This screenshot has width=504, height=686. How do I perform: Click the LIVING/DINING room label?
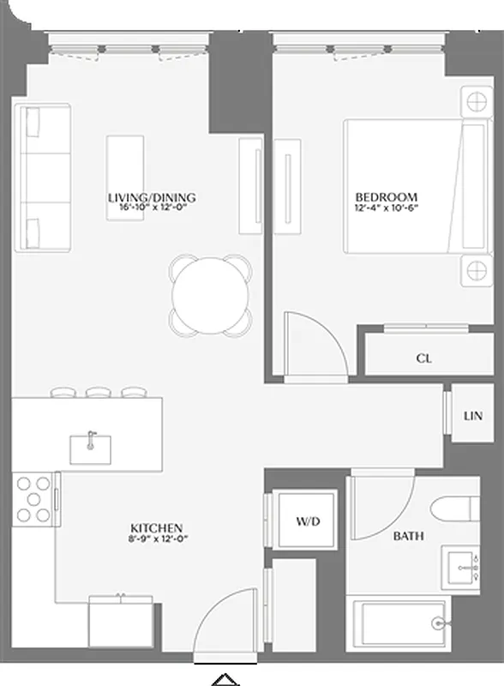(151, 197)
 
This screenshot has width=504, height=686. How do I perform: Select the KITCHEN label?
(156, 527)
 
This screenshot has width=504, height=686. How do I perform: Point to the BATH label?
(408, 536)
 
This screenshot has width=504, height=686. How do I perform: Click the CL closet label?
(423, 358)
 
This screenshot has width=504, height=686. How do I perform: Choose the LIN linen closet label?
(473, 416)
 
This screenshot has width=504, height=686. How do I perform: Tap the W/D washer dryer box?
(307, 521)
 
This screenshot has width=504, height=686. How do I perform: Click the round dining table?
(211, 294)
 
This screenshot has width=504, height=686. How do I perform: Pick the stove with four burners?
(33, 499)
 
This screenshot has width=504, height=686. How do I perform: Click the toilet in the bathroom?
(455, 511)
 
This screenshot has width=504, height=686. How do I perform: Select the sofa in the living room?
(41, 178)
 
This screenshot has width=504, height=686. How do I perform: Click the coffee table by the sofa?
(125, 177)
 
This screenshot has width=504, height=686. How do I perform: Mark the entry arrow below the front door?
(225, 678)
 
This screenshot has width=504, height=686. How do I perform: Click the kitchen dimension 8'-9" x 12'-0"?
(156, 539)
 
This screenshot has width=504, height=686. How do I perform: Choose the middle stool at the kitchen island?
(99, 394)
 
